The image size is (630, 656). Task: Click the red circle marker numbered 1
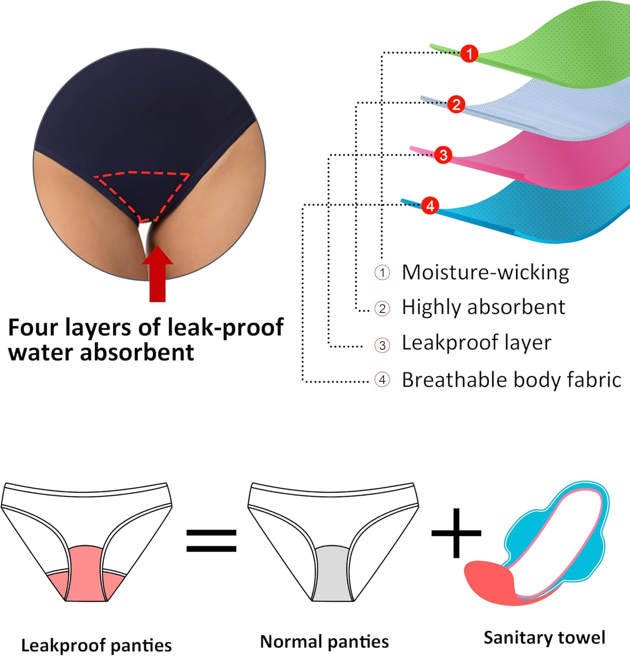point(469,54)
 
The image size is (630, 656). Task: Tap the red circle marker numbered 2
point(456,105)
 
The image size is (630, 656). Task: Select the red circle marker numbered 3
point(443,155)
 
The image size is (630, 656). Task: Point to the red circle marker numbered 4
point(430,205)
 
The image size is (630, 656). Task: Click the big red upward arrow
point(157,276)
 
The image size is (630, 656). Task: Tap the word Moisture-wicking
point(485,272)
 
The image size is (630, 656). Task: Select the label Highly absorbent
point(483,307)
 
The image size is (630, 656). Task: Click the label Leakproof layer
point(476,343)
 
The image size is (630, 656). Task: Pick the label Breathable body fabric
point(511,380)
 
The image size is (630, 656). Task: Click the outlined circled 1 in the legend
point(382,273)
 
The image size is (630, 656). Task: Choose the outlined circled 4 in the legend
point(382,380)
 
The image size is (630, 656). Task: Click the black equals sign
point(211,541)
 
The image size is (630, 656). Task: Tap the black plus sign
point(456,533)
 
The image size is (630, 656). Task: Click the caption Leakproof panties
point(96,646)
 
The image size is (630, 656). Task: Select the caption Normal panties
point(324,642)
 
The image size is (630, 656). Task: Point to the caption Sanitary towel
point(544,638)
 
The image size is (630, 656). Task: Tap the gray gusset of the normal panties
point(332,573)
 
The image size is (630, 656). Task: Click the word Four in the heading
point(32,328)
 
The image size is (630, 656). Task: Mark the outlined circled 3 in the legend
point(382,345)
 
